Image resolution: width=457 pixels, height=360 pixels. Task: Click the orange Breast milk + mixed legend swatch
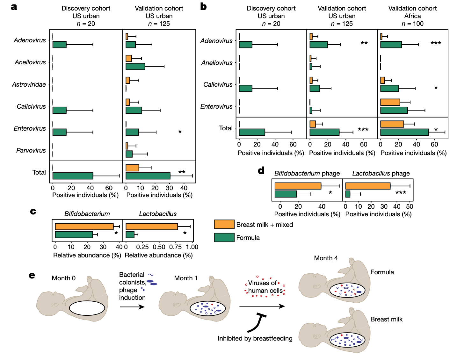(224, 224)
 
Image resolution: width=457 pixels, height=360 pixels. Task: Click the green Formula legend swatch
(224, 237)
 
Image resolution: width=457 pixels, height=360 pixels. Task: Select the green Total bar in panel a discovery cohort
(73, 176)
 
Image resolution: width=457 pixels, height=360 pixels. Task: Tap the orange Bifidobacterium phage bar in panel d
(298, 186)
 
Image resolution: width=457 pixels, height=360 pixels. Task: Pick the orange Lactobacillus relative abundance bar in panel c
(152, 227)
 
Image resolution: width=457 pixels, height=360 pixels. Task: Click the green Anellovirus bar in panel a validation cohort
(135, 67)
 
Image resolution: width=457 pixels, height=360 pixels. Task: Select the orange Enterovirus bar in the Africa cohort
(390, 102)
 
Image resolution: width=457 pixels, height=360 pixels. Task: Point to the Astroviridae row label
(29, 84)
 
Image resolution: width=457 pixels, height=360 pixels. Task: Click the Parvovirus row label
(31, 150)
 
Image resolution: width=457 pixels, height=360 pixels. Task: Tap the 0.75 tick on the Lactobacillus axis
(175, 247)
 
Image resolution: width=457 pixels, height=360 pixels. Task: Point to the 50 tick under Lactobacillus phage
(410, 206)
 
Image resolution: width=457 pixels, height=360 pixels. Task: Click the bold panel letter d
(261, 170)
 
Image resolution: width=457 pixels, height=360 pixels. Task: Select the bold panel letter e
(32, 275)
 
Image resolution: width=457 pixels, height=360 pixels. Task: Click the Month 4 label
(326, 258)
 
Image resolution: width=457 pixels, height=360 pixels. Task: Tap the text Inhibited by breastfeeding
(255, 338)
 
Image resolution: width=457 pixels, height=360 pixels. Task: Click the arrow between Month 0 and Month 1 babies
(132, 307)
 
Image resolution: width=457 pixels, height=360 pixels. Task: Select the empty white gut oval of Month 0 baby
(87, 308)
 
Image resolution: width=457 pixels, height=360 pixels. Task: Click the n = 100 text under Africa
(412, 24)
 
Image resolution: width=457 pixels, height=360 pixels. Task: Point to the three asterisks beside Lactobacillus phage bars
(401, 193)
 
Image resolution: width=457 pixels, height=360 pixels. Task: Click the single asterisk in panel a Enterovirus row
(180, 132)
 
